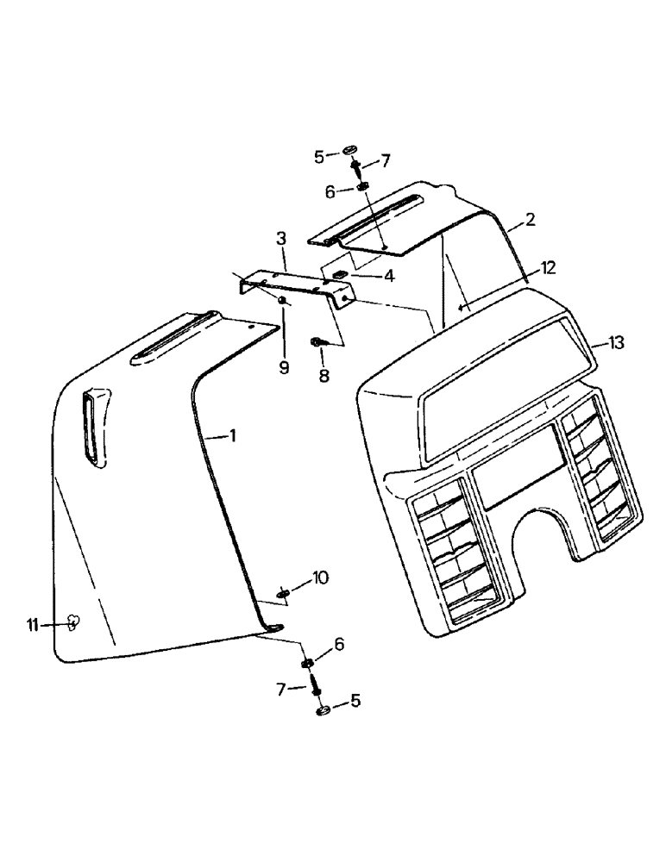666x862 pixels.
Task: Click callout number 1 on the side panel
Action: tap(230, 436)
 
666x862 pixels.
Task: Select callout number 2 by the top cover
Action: tap(529, 220)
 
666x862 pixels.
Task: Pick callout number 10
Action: tap(320, 577)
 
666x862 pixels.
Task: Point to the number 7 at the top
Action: tap(385, 160)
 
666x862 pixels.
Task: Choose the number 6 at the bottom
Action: tap(339, 643)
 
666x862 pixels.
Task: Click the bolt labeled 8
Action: tap(317, 342)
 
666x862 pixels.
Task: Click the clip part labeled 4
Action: tap(340, 276)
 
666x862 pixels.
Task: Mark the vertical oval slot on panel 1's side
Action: tap(92, 428)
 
